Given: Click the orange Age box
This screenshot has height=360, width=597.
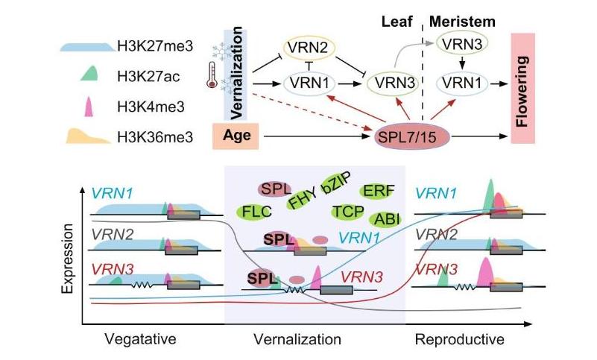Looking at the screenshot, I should click(x=236, y=136).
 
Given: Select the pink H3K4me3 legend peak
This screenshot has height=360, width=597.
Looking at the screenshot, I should click(x=87, y=105).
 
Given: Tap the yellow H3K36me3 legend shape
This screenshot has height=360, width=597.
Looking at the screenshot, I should click(x=87, y=136).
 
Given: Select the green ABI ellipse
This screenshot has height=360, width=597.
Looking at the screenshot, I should click(x=386, y=218).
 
